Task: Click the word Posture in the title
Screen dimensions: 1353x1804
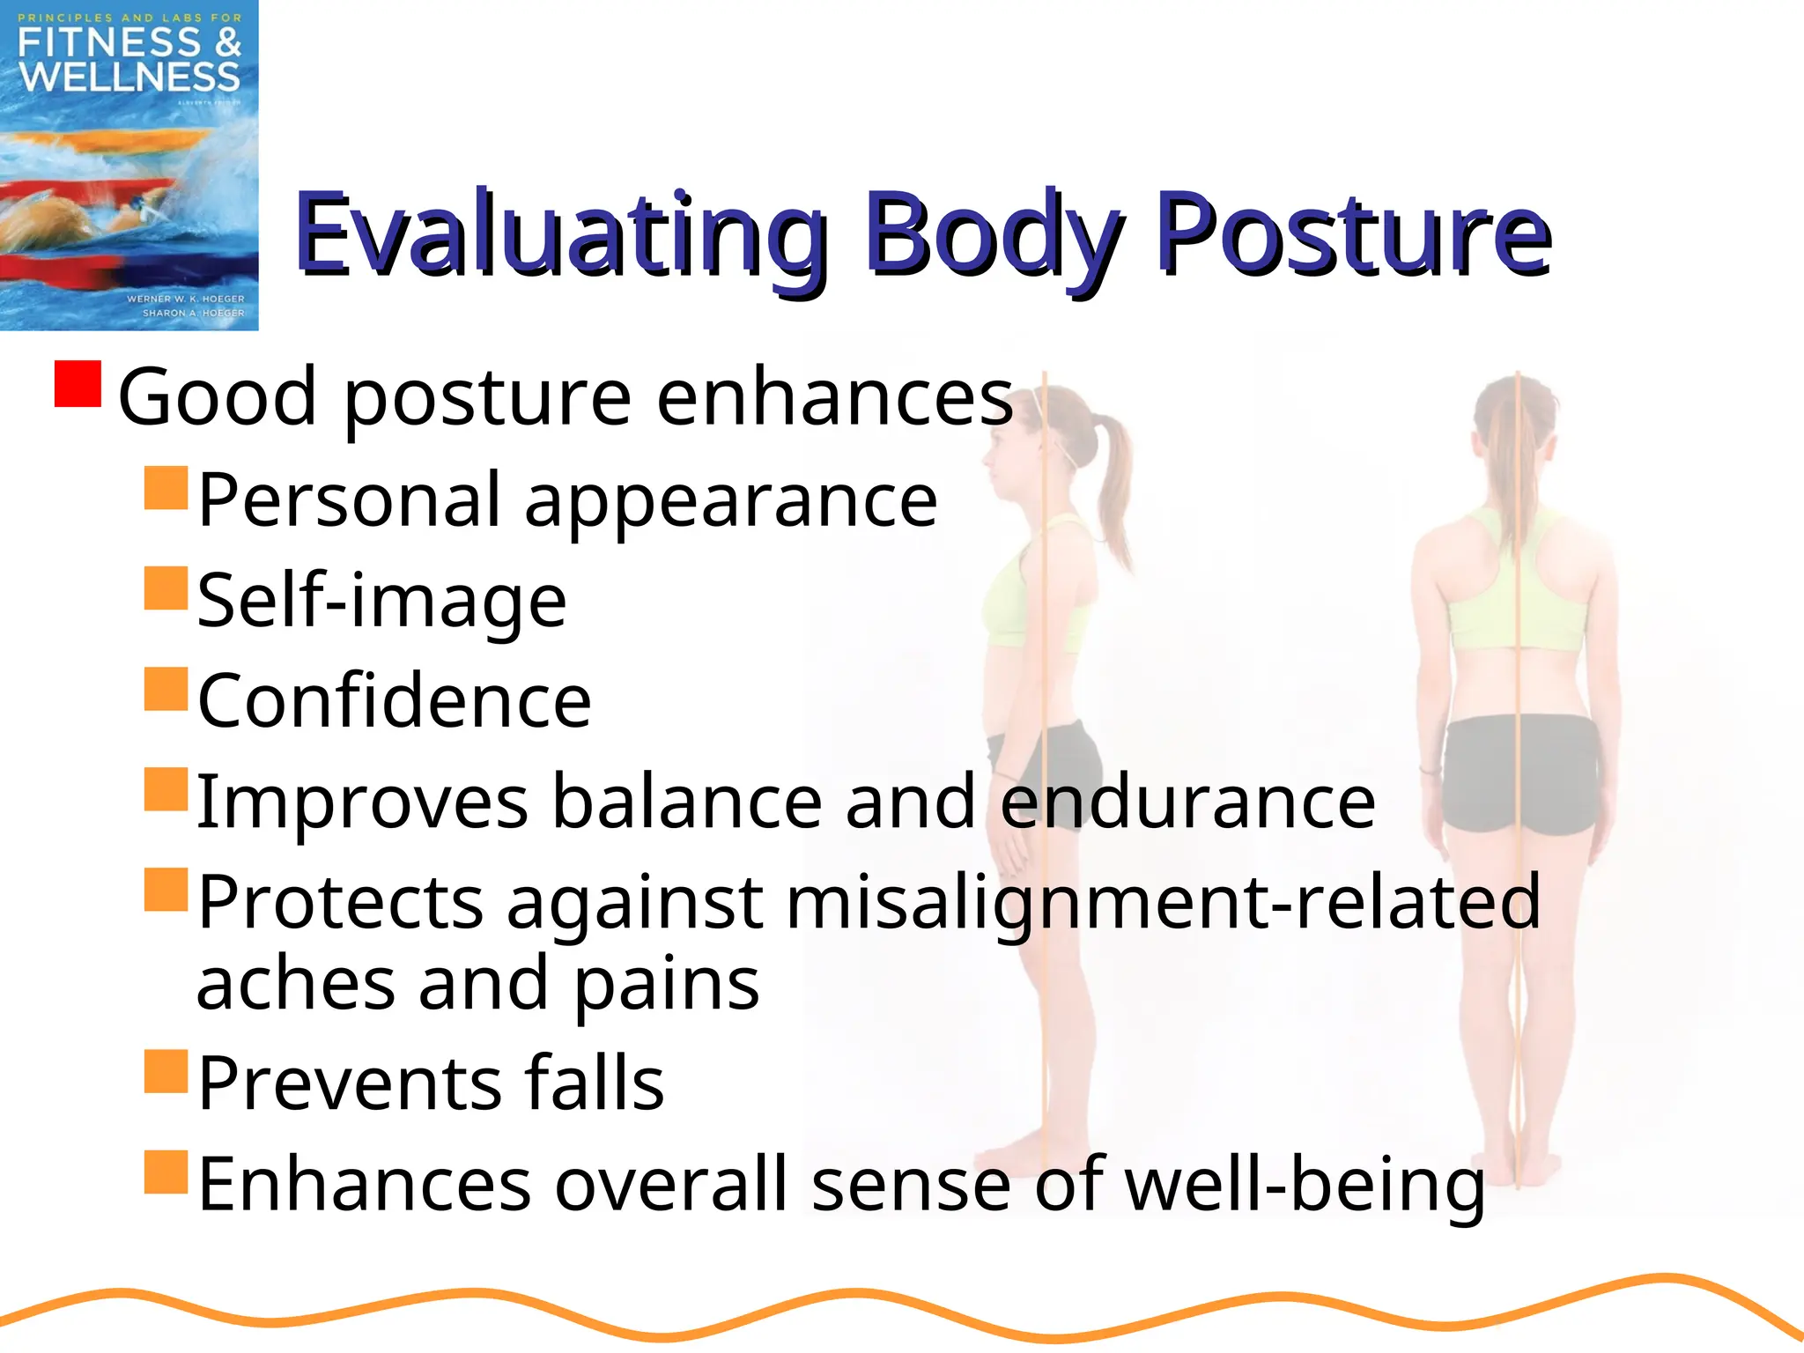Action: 1352,233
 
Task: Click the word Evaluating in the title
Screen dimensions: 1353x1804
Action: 559,233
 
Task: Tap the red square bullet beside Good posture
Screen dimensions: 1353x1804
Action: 78,383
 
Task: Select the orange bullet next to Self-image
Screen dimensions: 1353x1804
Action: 166,588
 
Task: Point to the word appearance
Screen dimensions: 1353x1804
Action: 731,500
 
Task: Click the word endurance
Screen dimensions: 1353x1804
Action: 1187,802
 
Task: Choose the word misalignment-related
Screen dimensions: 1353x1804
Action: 1163,903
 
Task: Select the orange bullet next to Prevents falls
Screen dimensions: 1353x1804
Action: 166,1071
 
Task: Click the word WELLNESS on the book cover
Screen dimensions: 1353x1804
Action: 129,78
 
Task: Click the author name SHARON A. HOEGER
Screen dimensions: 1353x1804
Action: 194,313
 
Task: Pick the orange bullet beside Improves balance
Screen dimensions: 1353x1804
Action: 166,789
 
